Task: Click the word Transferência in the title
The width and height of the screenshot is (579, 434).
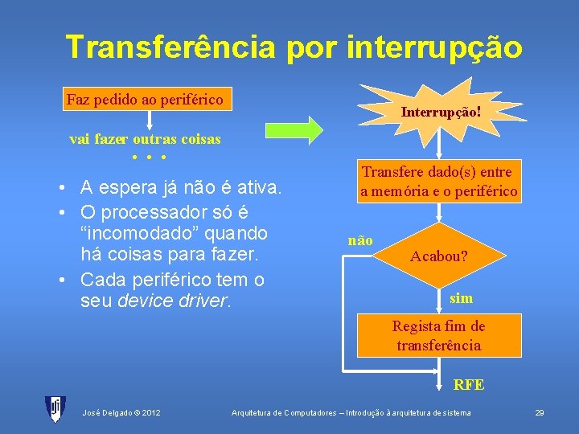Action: click(170, 47)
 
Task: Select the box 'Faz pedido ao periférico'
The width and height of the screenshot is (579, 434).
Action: click(145, 100)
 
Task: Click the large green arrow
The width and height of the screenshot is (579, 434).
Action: click(294, 129)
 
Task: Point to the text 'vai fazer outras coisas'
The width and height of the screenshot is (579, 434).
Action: click(145, 139)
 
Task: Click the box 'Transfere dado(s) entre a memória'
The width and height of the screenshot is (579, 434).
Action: click(439, 182)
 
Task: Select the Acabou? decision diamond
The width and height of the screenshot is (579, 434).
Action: click(439, 257)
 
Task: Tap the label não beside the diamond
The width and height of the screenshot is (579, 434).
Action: click(360, 240)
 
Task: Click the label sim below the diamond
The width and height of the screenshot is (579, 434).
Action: click(461, 298)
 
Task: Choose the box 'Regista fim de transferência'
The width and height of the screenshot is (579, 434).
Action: click(438, 336)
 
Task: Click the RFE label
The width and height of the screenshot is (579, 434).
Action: click(469, 384)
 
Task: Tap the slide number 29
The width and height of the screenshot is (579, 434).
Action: click(540, 413)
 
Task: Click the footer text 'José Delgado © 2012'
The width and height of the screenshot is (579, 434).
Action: click(121, 413)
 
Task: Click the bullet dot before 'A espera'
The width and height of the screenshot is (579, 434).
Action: click(62, 189)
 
